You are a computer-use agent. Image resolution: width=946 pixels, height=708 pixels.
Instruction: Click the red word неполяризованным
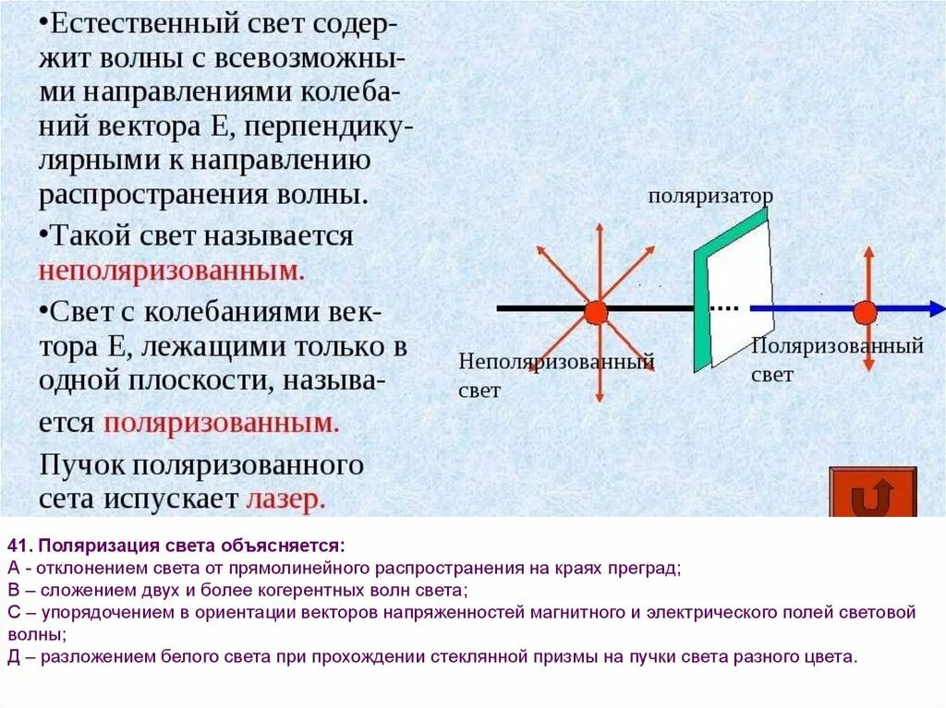pyautogui.click(x=172, y=272)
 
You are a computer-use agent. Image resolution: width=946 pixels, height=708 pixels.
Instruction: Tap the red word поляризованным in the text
pyautogui.click(x=222, y=423)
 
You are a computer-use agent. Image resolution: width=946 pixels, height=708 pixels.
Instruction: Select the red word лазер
pyautogui.click(x=285, y=499)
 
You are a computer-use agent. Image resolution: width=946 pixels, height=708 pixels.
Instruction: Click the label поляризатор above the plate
pyautogui.click(x=709, y=196)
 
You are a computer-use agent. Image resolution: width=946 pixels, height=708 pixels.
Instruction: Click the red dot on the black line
pyautogui.click(x=596, y=312)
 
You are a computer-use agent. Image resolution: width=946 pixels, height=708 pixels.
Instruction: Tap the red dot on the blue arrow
pyautogui.click(x=865, y=312)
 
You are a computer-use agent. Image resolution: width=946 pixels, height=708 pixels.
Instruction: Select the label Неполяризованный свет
pyautogui.click(x=555, y=375)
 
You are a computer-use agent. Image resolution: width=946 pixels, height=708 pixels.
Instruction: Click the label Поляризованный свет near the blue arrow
pyautogui.click(x=837, y=359)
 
